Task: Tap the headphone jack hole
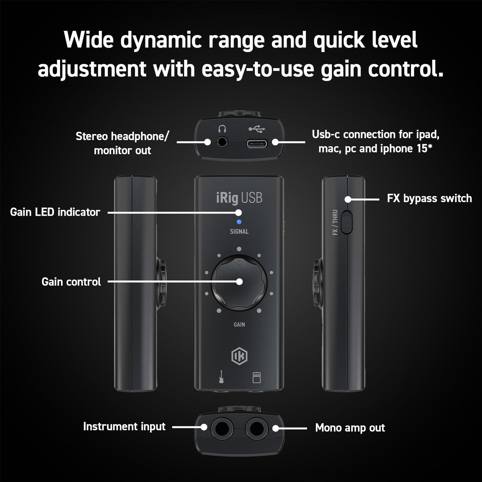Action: [x=221, y=142]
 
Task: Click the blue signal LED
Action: [x=239, y=222]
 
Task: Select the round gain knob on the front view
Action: [x=239, y=283]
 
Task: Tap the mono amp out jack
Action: [x=256, y=428]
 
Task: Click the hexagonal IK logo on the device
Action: [x=239, y=356]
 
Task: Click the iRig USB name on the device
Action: [x=239, y=198]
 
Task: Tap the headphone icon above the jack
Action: [x=222, y=128]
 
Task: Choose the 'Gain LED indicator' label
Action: [x=55, y=212]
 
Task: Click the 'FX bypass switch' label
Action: [x=429, y=198]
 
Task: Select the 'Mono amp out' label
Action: [x=350, y=428]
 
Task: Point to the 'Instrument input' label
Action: [x=124, y=427]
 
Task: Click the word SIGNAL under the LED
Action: [x=239, y=231]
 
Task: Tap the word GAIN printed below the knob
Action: [x=239, y=325]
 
